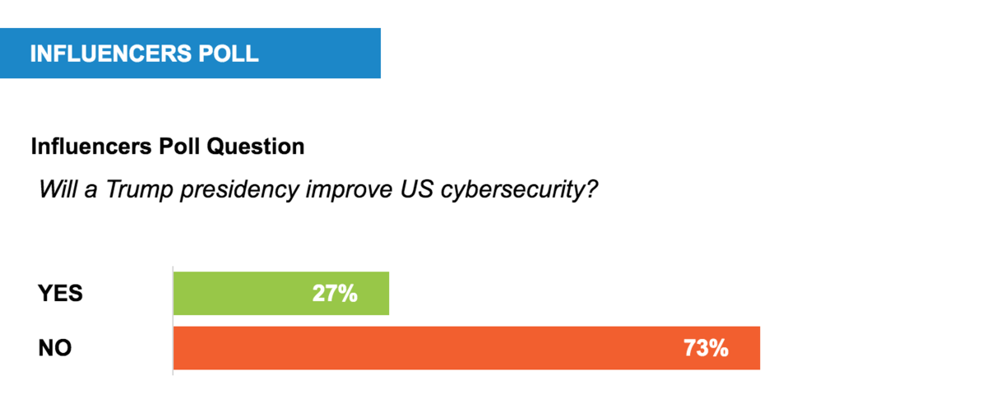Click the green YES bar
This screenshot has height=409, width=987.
[247, 294]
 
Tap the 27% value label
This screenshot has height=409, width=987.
[335, 294]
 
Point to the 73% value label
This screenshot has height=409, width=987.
[706, 348]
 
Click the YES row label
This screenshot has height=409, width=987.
[60, 294]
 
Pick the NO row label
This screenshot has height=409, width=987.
[55, 348]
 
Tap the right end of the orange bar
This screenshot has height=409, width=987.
[757, 348]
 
